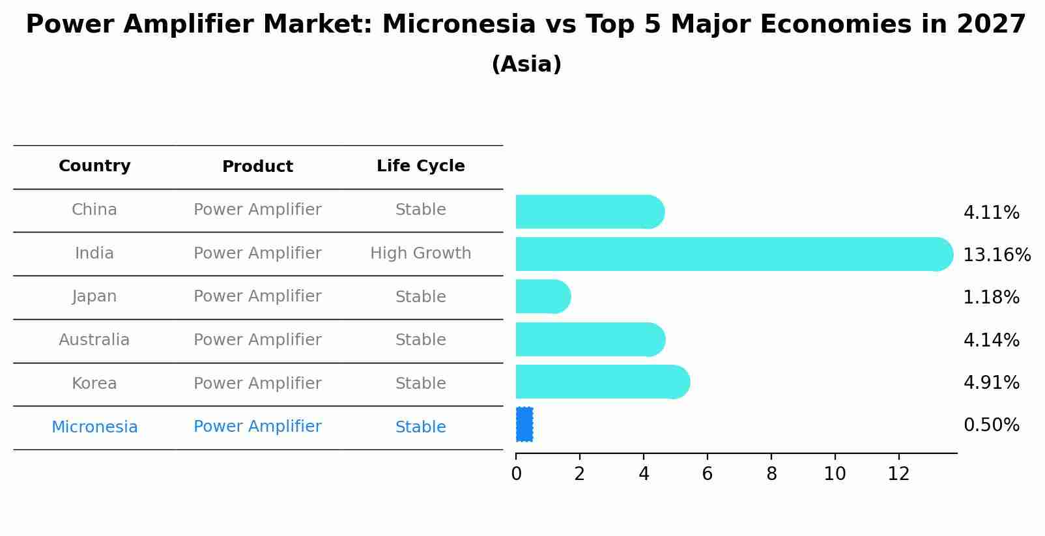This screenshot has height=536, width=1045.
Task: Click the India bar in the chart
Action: coord(734,254)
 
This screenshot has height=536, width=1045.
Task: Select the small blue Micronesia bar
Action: coord(524,424)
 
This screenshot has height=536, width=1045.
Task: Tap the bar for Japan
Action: coord(543,297)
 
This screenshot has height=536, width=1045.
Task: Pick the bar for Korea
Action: coord(603,382)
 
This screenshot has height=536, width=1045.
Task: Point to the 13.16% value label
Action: coord(997,255)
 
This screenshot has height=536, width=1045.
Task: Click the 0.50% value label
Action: coord(992,425)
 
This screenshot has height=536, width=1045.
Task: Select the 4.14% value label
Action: coord(992,340)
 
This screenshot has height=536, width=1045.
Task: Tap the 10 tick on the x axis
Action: coord(835,474)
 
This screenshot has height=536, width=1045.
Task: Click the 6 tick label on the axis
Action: coord(708,474)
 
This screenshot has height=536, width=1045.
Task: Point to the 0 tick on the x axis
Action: coord(516,474)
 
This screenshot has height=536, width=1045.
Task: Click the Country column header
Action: coord(94,166)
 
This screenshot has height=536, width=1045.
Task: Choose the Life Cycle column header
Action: coord(421,166)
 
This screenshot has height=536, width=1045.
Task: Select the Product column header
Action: coord(257,167)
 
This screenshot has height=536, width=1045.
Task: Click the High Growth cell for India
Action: coord(421,253)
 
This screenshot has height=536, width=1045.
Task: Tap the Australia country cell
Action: coord(94,339)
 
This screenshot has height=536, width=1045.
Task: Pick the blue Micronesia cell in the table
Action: coord(94,427)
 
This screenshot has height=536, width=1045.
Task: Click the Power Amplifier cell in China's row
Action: coord(257,210)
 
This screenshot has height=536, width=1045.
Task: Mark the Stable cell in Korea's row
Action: coord(421,384)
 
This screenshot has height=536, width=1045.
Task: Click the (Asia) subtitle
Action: coord(526,64)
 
